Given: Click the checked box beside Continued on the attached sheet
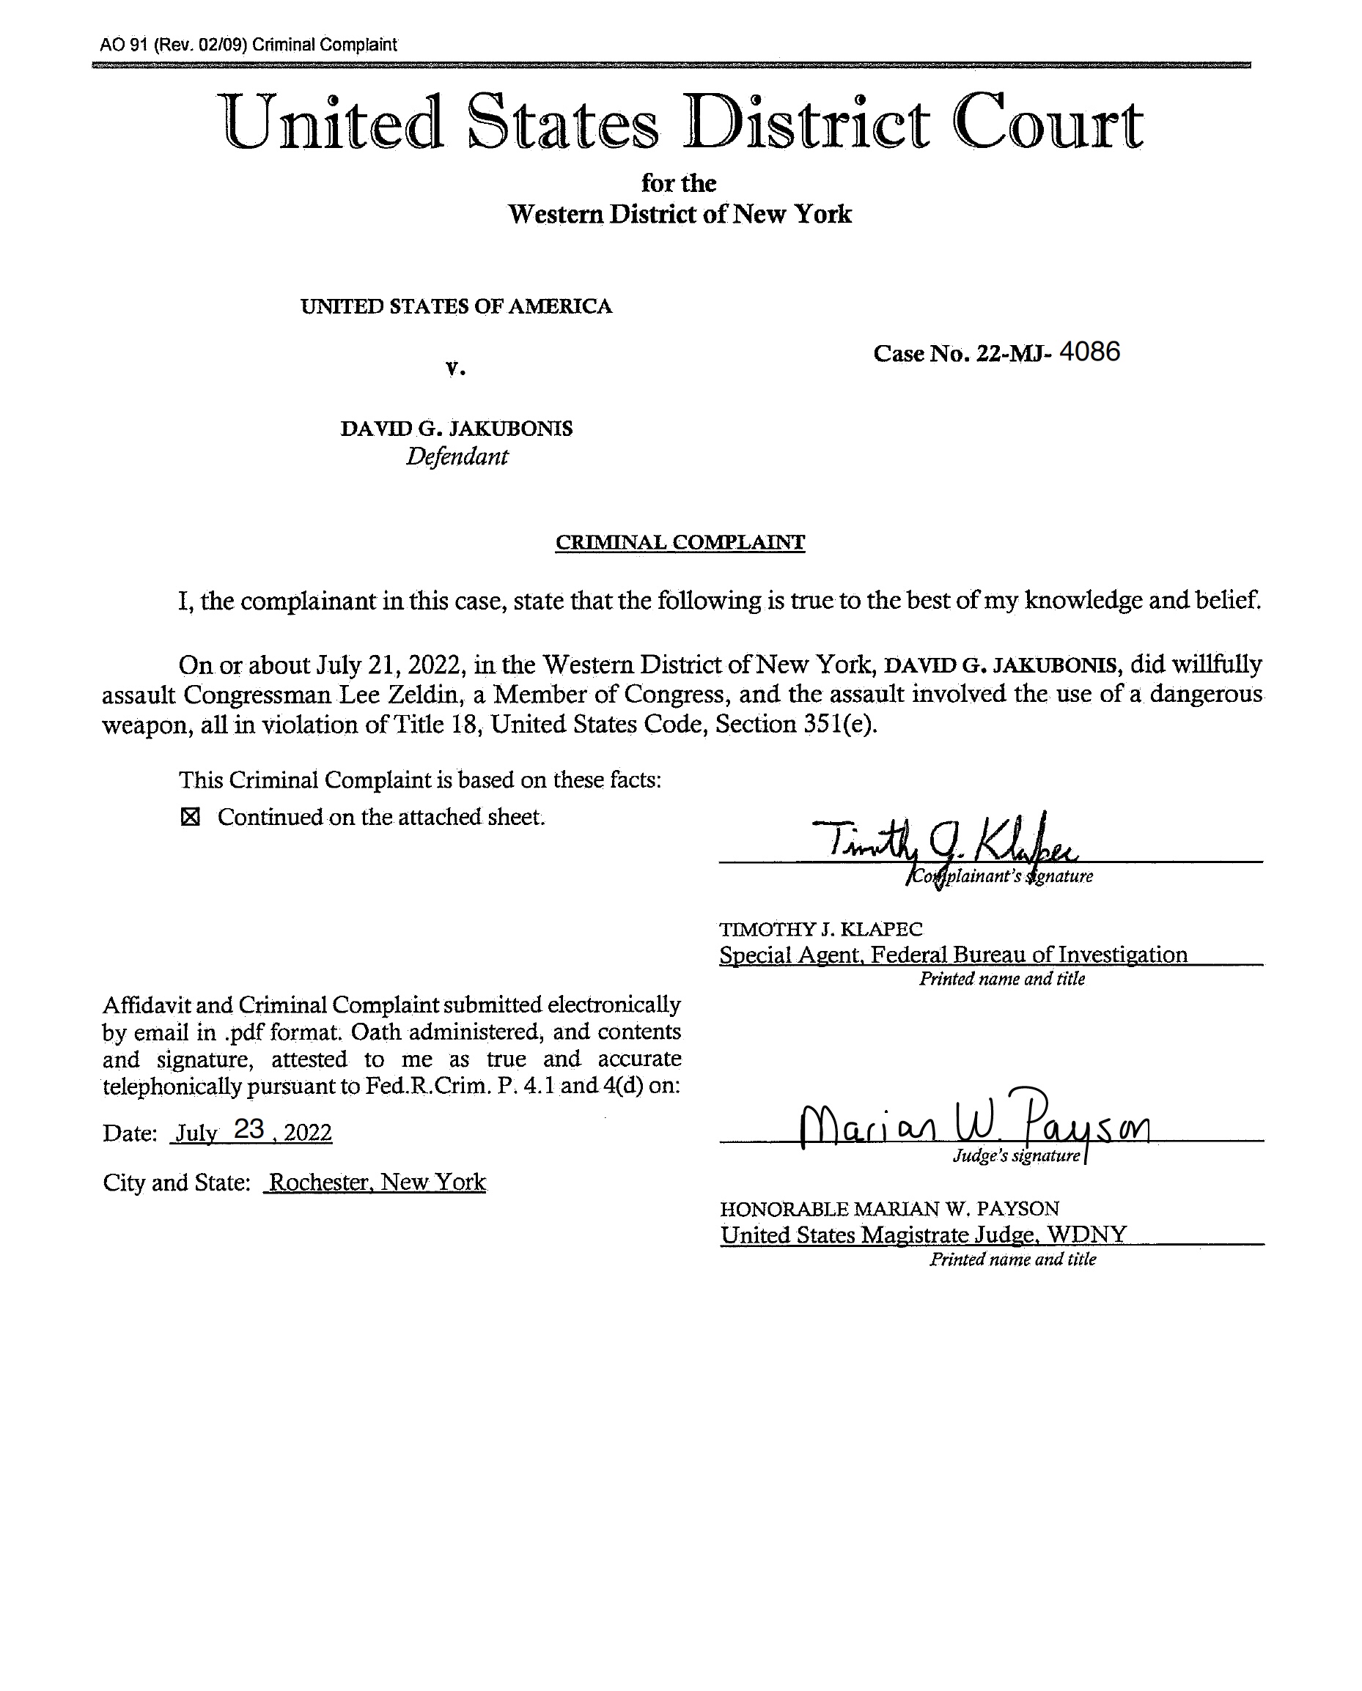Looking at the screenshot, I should [190, 817].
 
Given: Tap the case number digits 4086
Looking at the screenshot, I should [1089, 352].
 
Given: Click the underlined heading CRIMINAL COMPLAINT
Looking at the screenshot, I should [680, 542].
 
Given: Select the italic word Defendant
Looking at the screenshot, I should [457, 456].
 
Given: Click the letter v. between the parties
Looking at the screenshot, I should [455, 368].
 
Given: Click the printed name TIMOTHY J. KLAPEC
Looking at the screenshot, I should [821, 930].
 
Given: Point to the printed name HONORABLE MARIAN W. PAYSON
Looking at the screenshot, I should [889, 1209].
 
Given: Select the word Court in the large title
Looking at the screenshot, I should [1047, 123].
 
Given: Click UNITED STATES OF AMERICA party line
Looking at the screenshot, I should [456, 306].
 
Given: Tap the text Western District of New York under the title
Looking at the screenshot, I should [680, 214].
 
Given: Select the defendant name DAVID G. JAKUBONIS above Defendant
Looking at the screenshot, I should [456, 429].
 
